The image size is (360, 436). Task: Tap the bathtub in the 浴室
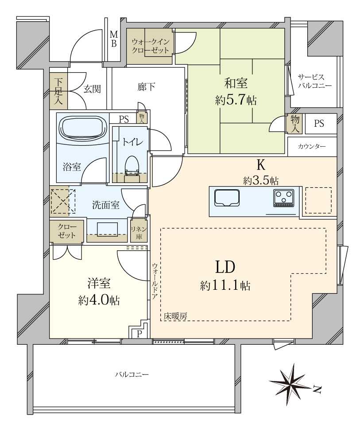pyautogui.click(x=83, y=129)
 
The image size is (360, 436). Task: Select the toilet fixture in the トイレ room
pyautogui.click(x=132, y=166)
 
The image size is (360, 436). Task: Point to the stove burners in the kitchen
pyautogui.click(x=284, y=198)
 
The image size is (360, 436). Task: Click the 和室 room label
pyautogui.click(x=236, y=83)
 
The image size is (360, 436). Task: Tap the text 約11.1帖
pyautogui.click(x=225, y=286)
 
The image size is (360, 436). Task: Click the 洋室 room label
pyautogui.click(x=98, y=282)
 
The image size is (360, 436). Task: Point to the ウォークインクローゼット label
pyautogui.click(x=150, y=46)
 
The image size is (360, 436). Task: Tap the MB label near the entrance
pyautogui.click(x=113, y=39)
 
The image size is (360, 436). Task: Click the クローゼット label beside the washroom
pyautogui.click(x=66, y=231)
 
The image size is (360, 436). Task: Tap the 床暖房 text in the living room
pyautogui.click(x=175, y=316)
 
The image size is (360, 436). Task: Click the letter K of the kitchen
pyautogui.click(x=261, y=165)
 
